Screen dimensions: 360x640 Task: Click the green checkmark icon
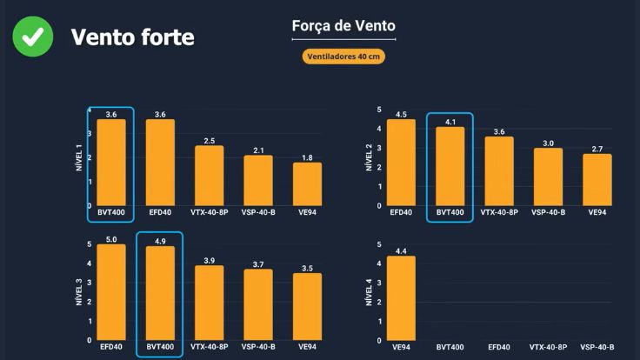[x=32, y=37]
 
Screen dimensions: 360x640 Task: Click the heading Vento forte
[x=132, y=37]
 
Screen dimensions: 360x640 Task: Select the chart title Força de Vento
[x=343, y=26]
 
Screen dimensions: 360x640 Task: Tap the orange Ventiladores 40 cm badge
[x=343, y=57]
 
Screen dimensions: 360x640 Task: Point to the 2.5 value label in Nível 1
[x=209, y=140]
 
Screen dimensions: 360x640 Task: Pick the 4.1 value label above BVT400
[x=450, y=123]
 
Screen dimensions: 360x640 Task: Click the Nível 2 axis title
[x=368, y=157]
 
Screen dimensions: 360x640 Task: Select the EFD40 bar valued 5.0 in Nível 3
[x=111, y=292]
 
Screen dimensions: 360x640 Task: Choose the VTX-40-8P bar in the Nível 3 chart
[x=209, y=303]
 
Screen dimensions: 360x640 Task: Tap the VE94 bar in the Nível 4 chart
[x=401, y=298]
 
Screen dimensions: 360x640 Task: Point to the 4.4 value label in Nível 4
[x=401, y=251]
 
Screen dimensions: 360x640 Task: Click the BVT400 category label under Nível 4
[x=450, y=347]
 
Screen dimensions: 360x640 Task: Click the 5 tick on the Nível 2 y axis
[x=379, y=110]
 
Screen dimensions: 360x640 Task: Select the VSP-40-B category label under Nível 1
[x=258, y=212]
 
